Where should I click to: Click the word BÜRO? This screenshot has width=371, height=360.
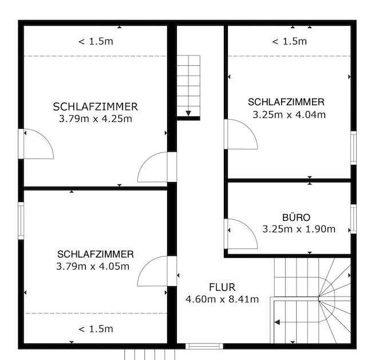pos(296,217)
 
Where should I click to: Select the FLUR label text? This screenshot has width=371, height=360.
pos(222,287)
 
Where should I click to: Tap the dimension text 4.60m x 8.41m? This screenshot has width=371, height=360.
pos(222,299)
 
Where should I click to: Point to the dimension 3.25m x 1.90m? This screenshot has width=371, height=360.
pos(299,229)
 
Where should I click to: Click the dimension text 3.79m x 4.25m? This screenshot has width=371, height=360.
pos(95,119)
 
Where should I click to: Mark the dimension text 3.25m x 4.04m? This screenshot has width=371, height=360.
pos(289,114)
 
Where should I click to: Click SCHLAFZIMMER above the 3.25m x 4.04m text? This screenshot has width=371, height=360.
pos(286,102)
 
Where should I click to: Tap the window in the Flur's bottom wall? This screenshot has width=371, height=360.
pos(204,346)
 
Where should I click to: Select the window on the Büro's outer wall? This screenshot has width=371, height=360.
pos(353,219)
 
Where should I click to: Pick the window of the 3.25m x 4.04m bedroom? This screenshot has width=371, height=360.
pos(353,148)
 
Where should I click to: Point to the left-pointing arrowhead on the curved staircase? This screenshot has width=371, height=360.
pos(277,322)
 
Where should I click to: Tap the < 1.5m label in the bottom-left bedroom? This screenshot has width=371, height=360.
pos(96,329)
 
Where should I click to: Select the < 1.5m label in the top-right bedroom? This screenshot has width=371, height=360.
pos(289,41)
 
